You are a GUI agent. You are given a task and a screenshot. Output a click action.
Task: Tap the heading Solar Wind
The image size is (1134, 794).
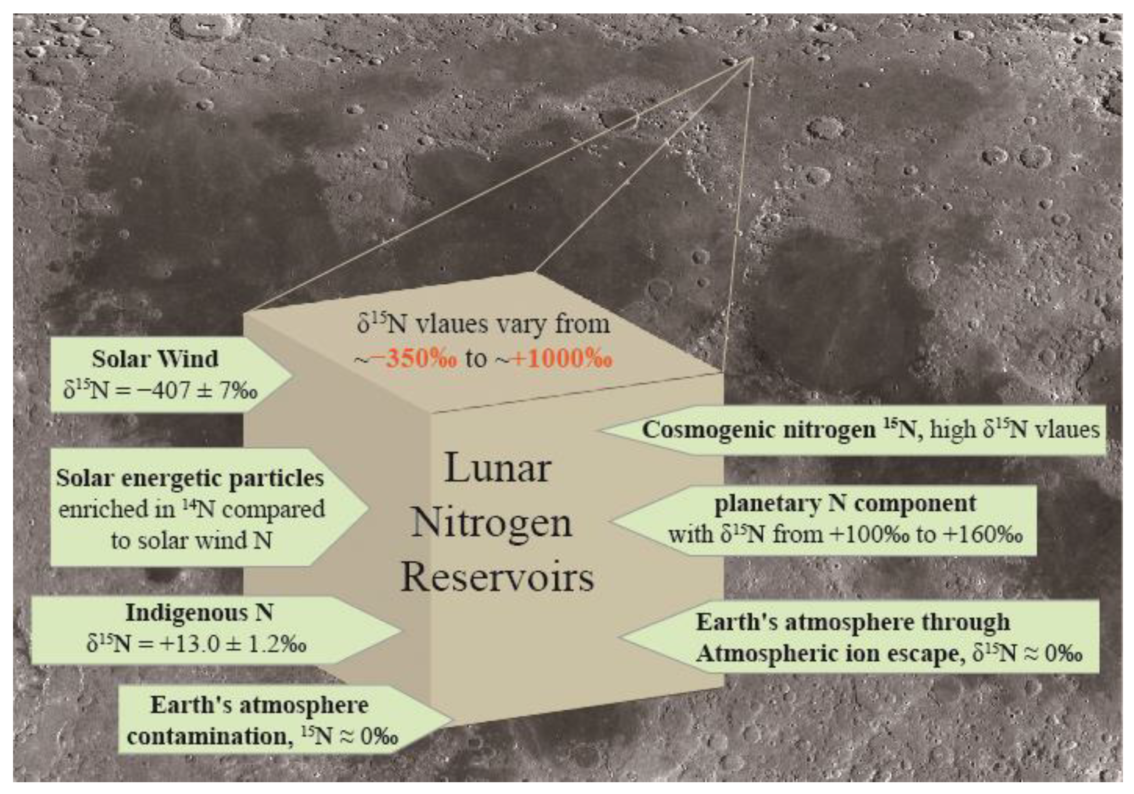point(155,359)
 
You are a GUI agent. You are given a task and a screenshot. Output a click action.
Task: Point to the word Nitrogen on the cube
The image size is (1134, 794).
point(492,523)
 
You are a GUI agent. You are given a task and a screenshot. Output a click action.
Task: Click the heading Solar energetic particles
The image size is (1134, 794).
point(190,478)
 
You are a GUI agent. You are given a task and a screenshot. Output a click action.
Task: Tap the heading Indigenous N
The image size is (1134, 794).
point(200,613)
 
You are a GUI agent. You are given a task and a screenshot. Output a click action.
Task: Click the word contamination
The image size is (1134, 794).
point(208,737)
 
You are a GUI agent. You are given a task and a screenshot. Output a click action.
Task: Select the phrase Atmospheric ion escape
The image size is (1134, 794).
point(830,654)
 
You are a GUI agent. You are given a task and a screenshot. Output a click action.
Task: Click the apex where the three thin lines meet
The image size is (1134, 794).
point(753,58)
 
